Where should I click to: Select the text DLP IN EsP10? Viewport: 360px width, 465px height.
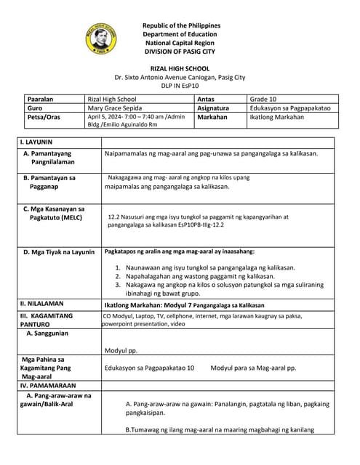(x=181, y=85)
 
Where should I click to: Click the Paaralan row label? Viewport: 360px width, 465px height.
(x=41, y=98)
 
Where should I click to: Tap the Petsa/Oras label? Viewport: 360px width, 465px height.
(x=44, y=117)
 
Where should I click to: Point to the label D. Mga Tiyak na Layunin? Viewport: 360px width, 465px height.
(x=59, y=252)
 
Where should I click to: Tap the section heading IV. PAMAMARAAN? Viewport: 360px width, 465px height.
(x=49, y=385)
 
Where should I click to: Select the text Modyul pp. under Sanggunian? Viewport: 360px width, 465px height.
(x=121, y=350)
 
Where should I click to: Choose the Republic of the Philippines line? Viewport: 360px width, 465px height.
(x=181, y=25)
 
